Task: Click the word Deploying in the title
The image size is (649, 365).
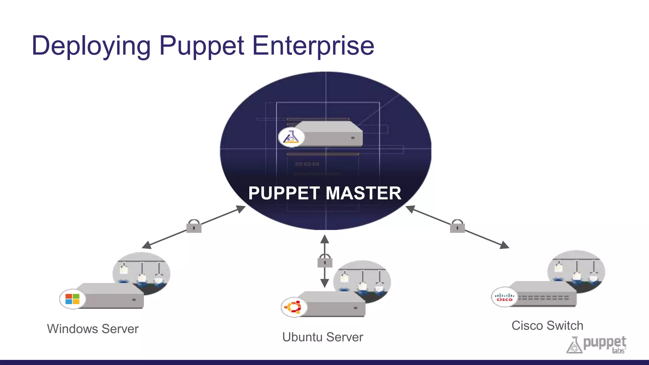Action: pos(91,46)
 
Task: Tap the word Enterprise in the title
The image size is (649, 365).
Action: pos(313,46)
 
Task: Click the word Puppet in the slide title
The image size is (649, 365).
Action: pos(202,46)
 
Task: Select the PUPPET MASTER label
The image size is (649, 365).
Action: pos(325,193)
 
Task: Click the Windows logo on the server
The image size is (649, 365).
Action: pos(72,299)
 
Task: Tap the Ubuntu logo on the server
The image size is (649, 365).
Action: pos(293,307)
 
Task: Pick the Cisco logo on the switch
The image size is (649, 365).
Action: pos(504,297)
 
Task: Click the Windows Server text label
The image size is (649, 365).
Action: pos(93,329)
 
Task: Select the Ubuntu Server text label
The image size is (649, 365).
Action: pos(323,337)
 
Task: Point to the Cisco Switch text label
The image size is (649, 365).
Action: pos(547,326)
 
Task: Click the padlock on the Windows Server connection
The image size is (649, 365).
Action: pos(194,226)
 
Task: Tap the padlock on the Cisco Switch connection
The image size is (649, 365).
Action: pos(457,226)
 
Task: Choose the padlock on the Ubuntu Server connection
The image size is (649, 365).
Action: pos(325,261)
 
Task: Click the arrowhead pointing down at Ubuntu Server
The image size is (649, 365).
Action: pos(324,283)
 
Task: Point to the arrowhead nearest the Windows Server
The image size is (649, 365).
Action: pos(147,245)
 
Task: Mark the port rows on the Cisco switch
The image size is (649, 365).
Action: pos(543,298)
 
